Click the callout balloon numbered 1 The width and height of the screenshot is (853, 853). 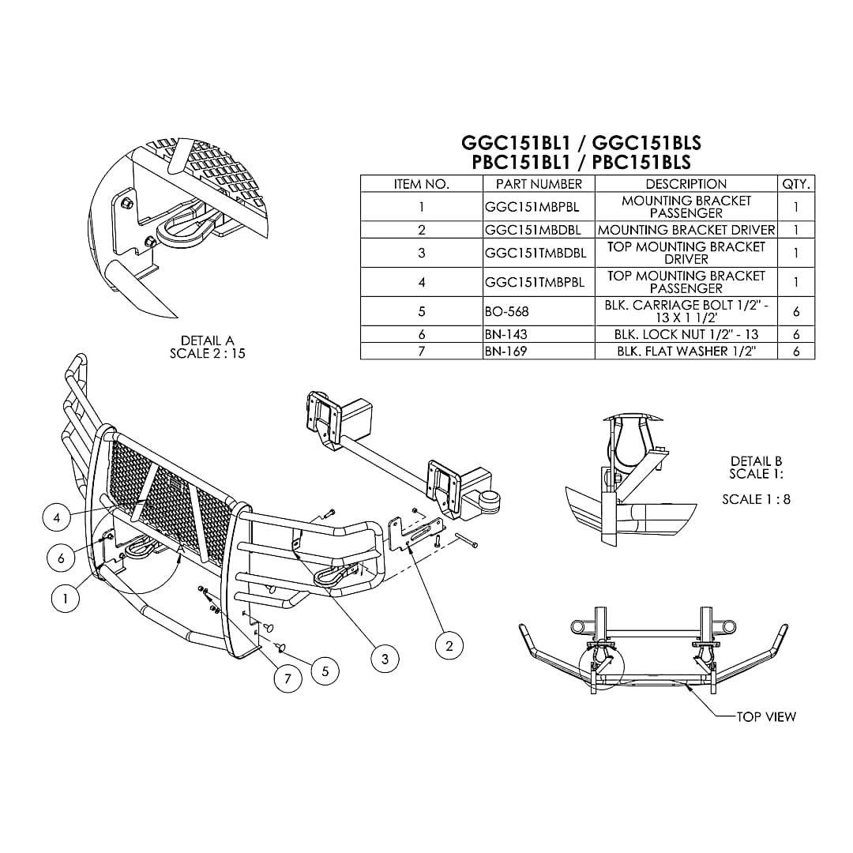tap(66, 599)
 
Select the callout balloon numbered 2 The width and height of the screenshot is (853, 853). tap(449, 645)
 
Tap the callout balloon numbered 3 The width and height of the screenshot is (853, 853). tap(385, 658)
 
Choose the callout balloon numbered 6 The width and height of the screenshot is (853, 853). tap(61, 558)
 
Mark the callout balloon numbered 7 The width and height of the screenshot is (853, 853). tap(288, 678)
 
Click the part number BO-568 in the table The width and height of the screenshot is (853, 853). tap(507, 312)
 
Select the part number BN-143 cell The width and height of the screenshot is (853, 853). tap(505, 335)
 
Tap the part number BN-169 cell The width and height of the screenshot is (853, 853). tap(505, 351)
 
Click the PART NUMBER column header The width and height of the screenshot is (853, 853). tap(539, 184)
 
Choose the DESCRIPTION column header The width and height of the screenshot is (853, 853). tap(686, 184)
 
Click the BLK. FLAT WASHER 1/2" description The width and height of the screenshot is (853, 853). tap(686, 351)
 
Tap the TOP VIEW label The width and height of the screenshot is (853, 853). tap(766, 716)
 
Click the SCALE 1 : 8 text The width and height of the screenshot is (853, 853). tap(756, 499)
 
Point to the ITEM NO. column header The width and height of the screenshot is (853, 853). tap(422, 184)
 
